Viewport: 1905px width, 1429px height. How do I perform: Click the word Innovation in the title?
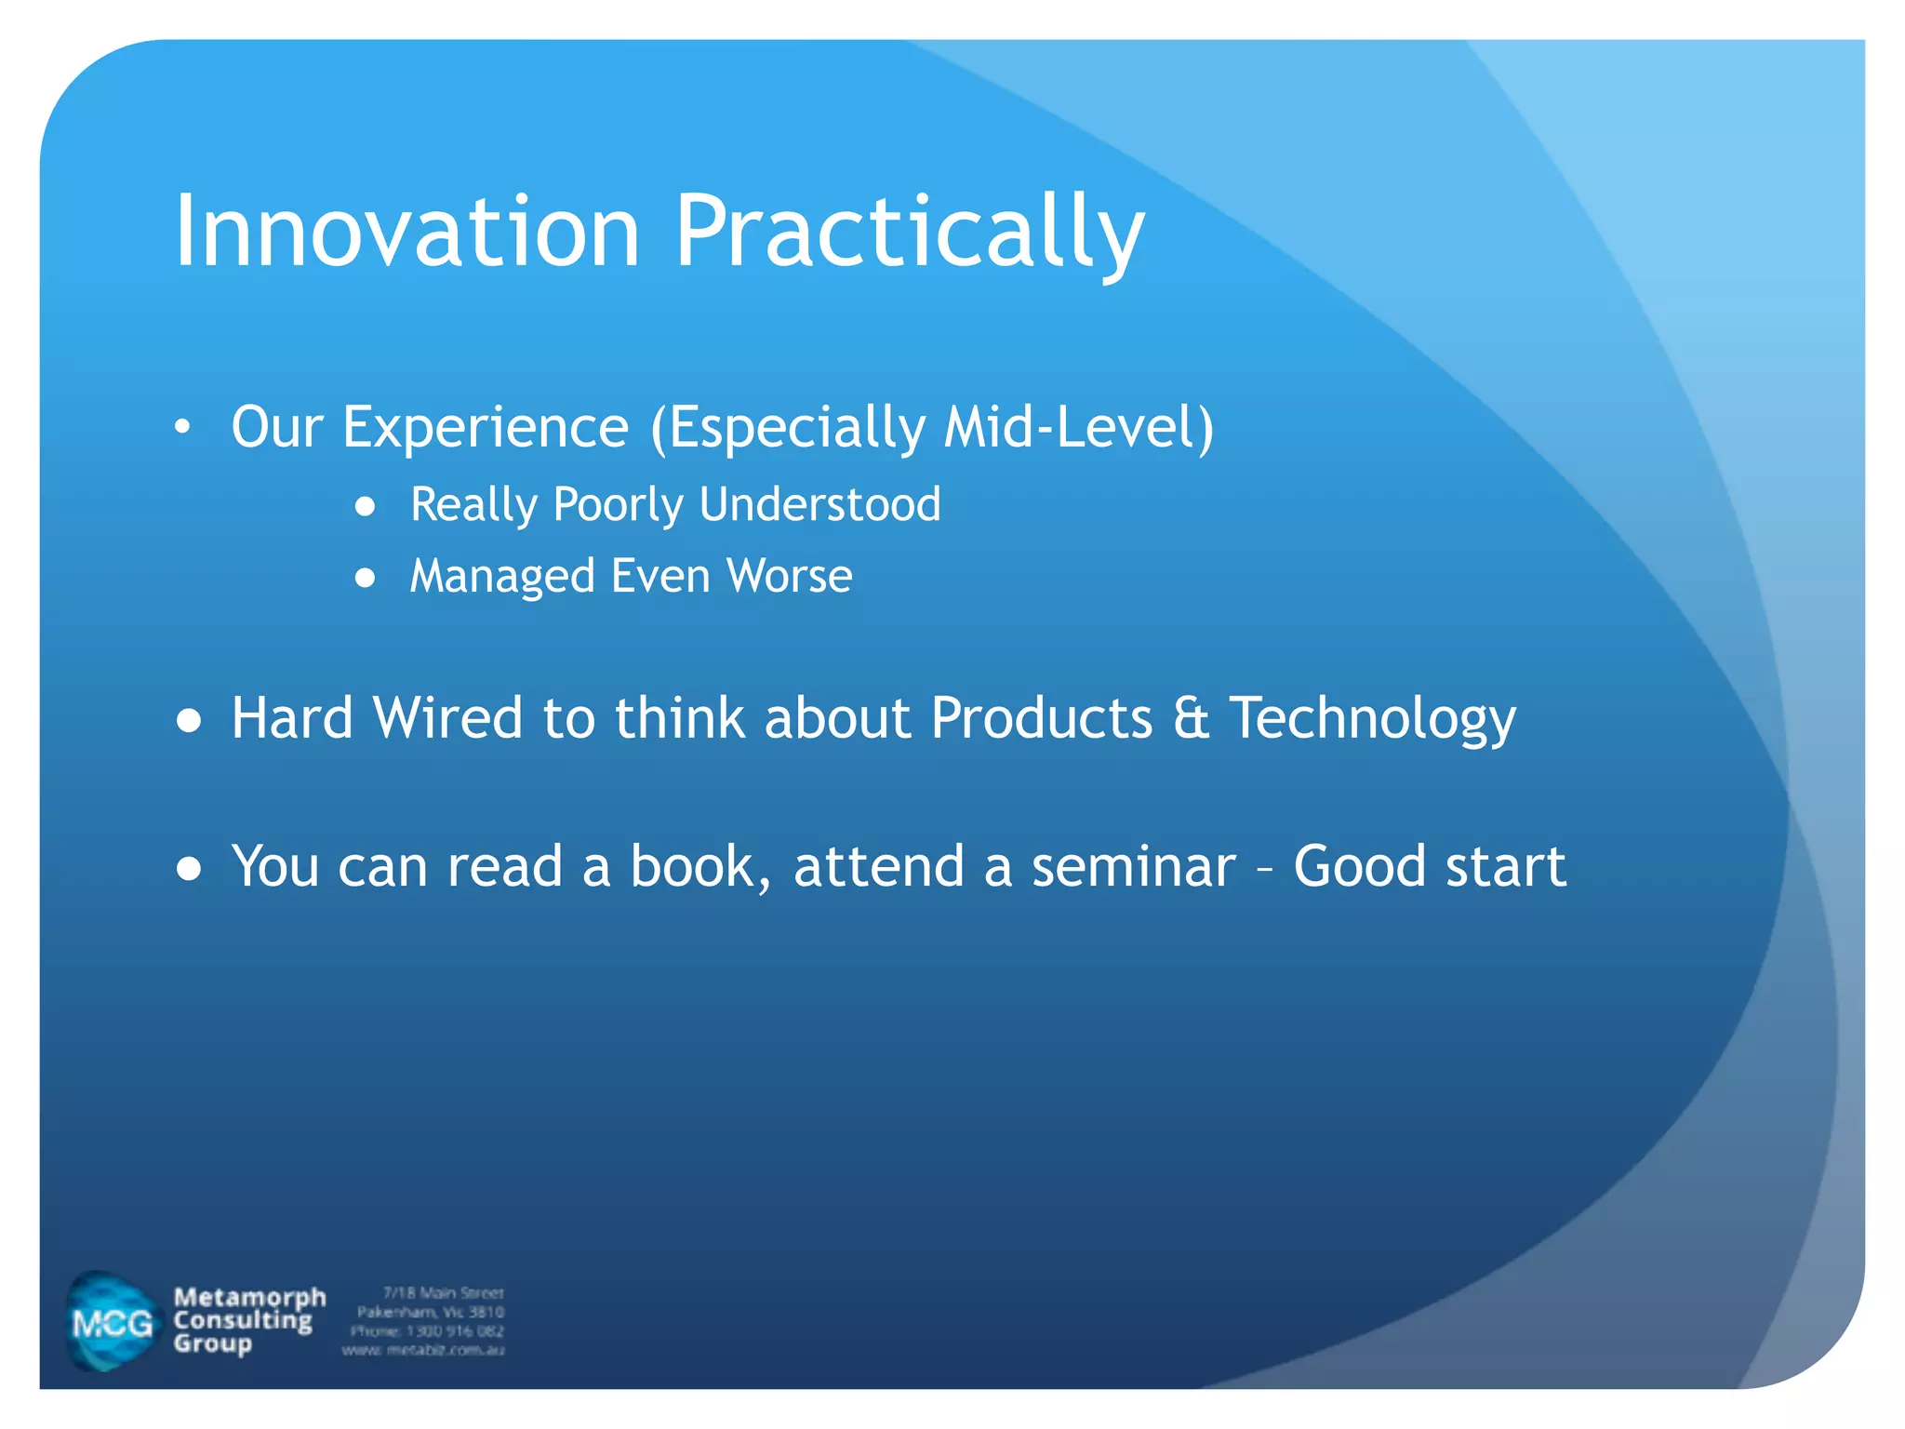click(x=406, y=231)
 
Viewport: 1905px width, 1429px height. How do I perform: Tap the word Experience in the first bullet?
click(x=486, y=428)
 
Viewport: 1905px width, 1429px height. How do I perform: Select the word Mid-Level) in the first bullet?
click(x=1078, y=428)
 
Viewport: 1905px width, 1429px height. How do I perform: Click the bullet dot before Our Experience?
click(x=183, y=428)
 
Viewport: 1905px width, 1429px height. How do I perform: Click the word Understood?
click(x=819, y=505)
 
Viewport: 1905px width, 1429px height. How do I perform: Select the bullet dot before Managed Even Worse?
click(x=366, y=578)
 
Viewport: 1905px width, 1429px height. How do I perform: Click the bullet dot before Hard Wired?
click(x=189, y=720)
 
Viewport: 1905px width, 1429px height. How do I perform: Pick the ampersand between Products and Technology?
click(x=1191, y=718)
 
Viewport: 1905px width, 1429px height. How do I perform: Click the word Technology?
click(x=1372, y=718)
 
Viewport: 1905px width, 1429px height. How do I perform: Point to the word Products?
click(x=1041, y=718)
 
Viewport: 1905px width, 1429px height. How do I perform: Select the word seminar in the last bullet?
click(x=1133, y=867)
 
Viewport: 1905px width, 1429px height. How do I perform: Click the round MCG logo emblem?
click(x=112, y=1322)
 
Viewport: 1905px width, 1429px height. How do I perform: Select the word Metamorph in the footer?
click(x=249, y=1297)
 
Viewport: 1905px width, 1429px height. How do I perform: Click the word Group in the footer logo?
click(x=212, y=1343)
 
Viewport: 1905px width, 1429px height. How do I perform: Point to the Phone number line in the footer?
click(x=427, y=1331)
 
